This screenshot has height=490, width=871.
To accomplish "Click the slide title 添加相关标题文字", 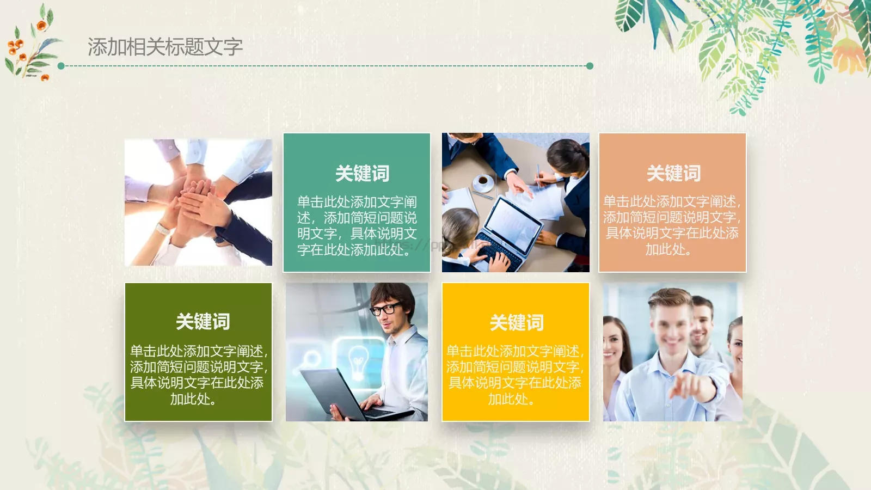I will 165,47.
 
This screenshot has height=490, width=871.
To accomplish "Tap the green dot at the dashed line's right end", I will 590,66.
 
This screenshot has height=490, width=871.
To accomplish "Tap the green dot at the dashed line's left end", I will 61,66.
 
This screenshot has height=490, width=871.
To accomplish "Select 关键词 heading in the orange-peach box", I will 673,174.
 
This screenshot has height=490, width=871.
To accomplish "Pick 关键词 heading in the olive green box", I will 203,322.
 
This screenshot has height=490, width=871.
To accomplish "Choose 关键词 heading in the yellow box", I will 516,323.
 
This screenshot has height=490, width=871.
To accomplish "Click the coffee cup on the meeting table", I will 482,180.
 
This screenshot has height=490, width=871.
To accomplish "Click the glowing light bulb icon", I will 358,359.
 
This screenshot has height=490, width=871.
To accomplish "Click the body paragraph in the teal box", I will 357,226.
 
